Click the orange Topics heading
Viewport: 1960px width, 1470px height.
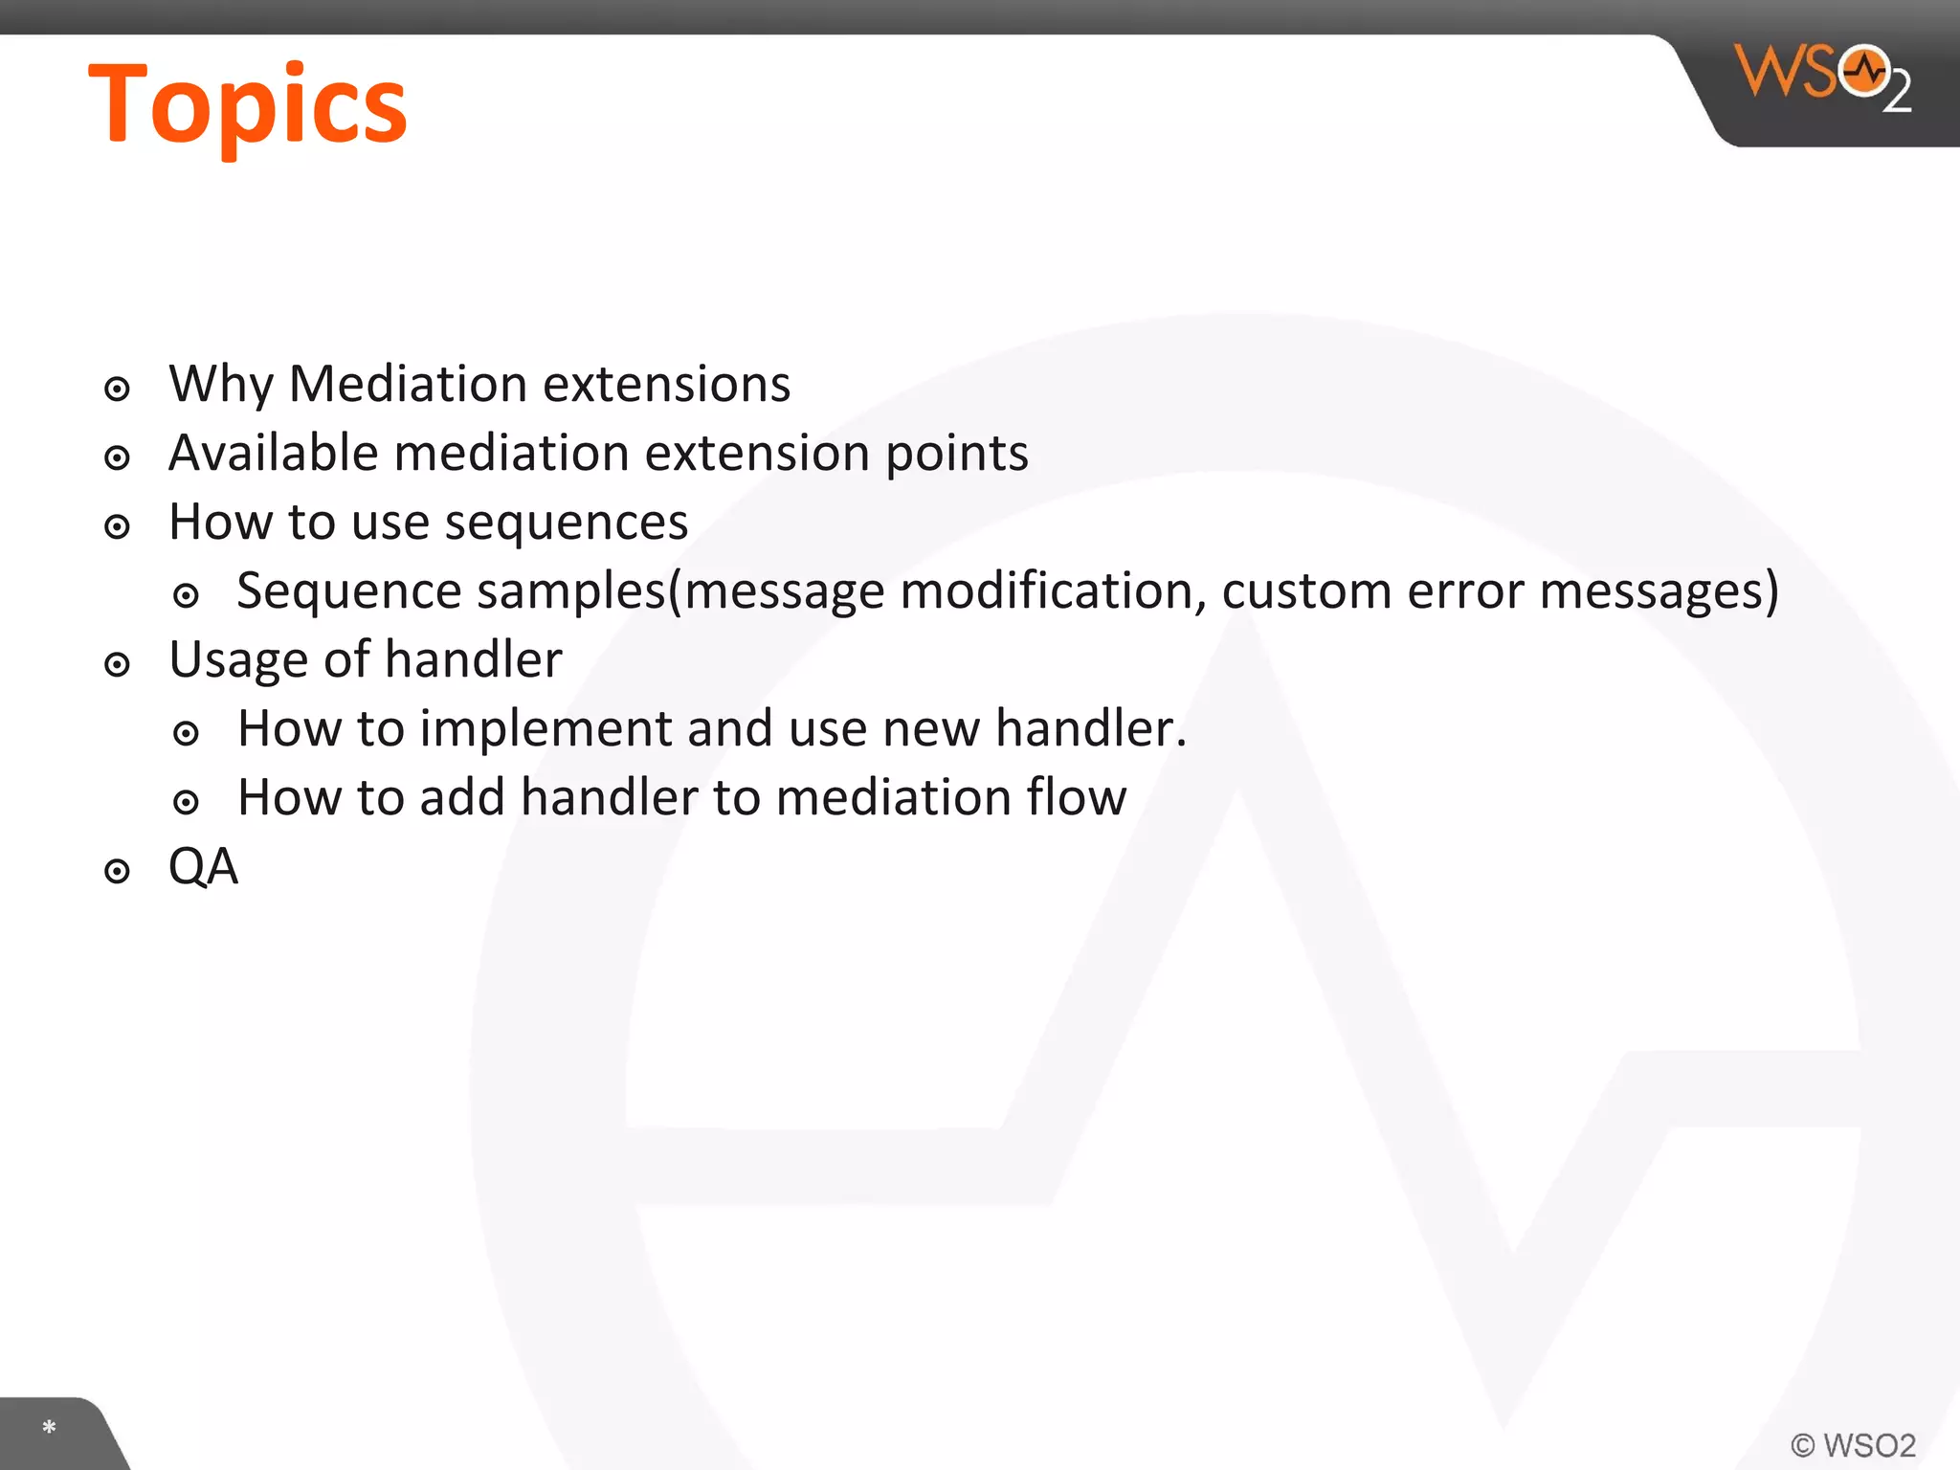(x=247, y=105)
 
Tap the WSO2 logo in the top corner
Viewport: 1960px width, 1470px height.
(x=1823, y=77)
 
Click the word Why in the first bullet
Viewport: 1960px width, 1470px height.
(x=221, y=385)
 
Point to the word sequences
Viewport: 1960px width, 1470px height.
(x=567, y=523)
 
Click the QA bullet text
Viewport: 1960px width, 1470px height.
(x=203, y=866)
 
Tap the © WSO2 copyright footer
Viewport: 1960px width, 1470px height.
(x=1853, y=1444)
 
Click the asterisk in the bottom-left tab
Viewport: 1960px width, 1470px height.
(x=49, y=1428)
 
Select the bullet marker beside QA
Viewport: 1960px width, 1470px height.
(x=117, y=871)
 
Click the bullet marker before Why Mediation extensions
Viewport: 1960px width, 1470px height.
(x=117, y=389)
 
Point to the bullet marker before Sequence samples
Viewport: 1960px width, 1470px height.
(x=186, y=596)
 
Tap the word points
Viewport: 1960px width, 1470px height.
(x=956, y=455)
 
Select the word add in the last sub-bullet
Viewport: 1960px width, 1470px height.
(x=461, y=797)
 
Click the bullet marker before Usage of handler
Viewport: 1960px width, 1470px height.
(x=117, y=664)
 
